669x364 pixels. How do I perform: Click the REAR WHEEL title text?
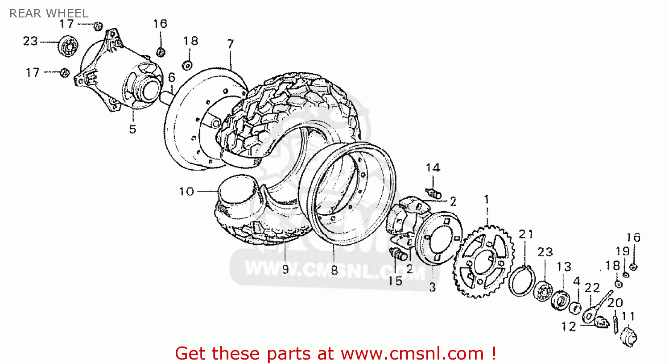pyautogui.click(x=49, y=13)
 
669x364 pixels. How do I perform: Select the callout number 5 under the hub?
pyautogui.click(x=132, y=130)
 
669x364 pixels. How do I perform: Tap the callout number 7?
pyautogui.click(x=230, y=44)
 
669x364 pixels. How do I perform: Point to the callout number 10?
pyautogui.click(x=186, y=192)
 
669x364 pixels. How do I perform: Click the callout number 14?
pyautogui.click(x=433, y=168)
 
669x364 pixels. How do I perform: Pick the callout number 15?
pyautogui.click(x=395, y=281)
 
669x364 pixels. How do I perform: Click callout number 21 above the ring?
pyautogui.click(x=526, y=234)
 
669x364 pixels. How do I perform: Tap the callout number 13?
pyautogui.click(x=564, y=267)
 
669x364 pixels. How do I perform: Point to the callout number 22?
pyautogui.click(x=592, y=288)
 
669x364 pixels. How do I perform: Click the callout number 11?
pyautogui.click(x=628, y=317)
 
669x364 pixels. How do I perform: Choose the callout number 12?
pyautogui.click(x=569, y=327)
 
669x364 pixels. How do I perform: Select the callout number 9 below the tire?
pyautogui.click(x=285, y=269)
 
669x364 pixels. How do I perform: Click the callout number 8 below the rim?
pyautogui.click(x=334, y=270)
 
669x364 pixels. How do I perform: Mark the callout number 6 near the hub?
pyautogui.click(x=172, y=78)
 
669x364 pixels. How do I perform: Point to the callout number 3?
pyautogui.click(x=432, y=288)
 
